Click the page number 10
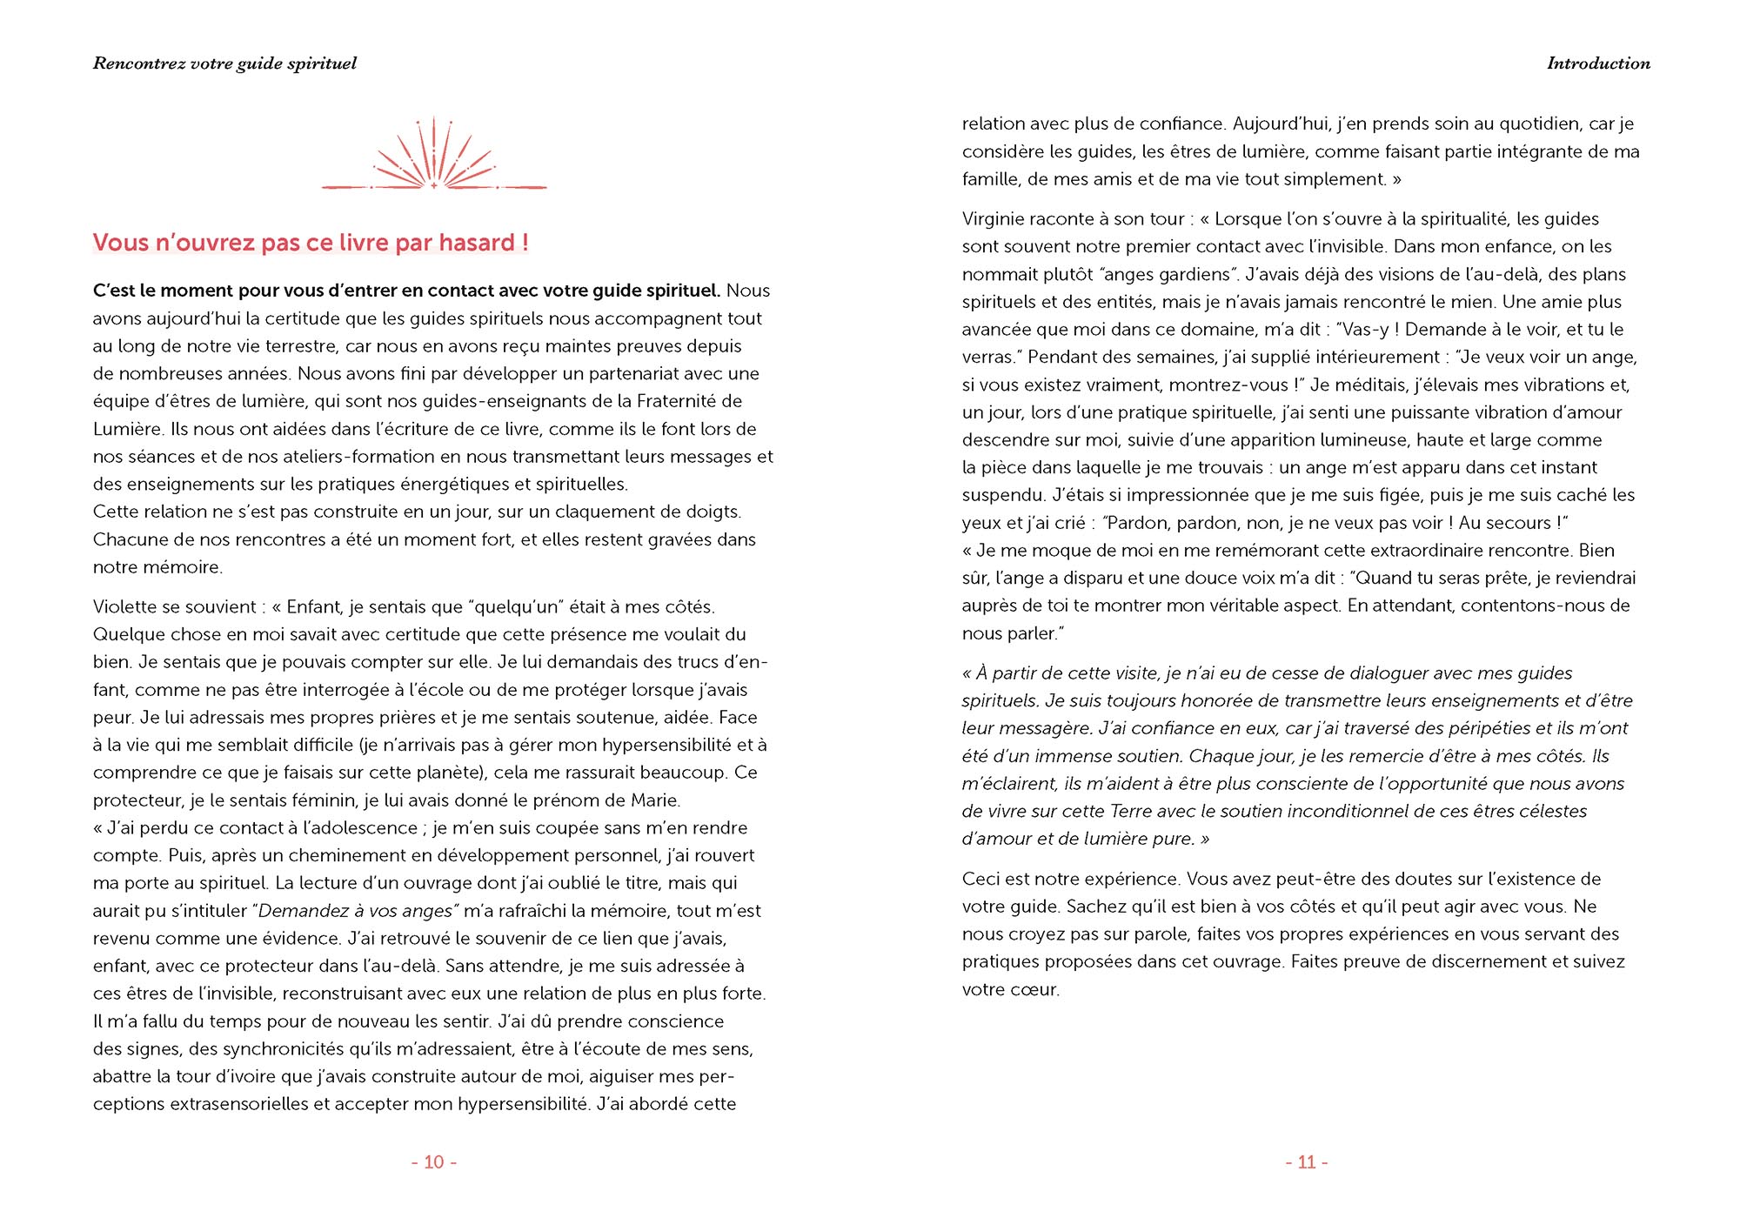[x=434, y=1162]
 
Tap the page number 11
[x=1307, y=1162]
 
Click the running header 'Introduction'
[x=1598, y=64]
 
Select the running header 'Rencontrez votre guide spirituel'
[x=224, y=64]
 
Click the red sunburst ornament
[x=433, y=157]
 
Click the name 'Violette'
[x=125, y=607]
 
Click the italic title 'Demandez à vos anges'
[x=356, y=911]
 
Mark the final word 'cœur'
[x=1035, y=990]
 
